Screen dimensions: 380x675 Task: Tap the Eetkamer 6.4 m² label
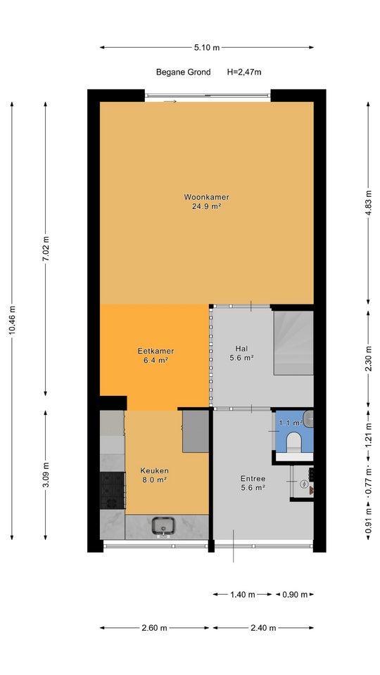tap(156, 356)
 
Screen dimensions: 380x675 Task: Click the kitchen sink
tap(163, 527)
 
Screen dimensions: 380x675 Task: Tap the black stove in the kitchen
tap(113, 490)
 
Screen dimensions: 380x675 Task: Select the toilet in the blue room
tap(294, 442)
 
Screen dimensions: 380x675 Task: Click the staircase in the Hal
tap(293, 343)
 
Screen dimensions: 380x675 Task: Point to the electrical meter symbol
tap(304, 484)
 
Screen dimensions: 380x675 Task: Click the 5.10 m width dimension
tap(207, 47)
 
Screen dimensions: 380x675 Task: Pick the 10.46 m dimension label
tap(12, 320)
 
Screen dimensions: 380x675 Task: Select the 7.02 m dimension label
tap(46, 249)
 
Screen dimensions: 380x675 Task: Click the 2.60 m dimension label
tap(154, 628)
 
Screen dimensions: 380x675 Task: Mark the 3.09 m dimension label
tap(46, 475)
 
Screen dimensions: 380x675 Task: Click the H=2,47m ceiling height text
tap(244, 72)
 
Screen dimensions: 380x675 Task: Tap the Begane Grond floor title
tap(183, 72)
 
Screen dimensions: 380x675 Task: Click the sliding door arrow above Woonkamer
tap(170, 101)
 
